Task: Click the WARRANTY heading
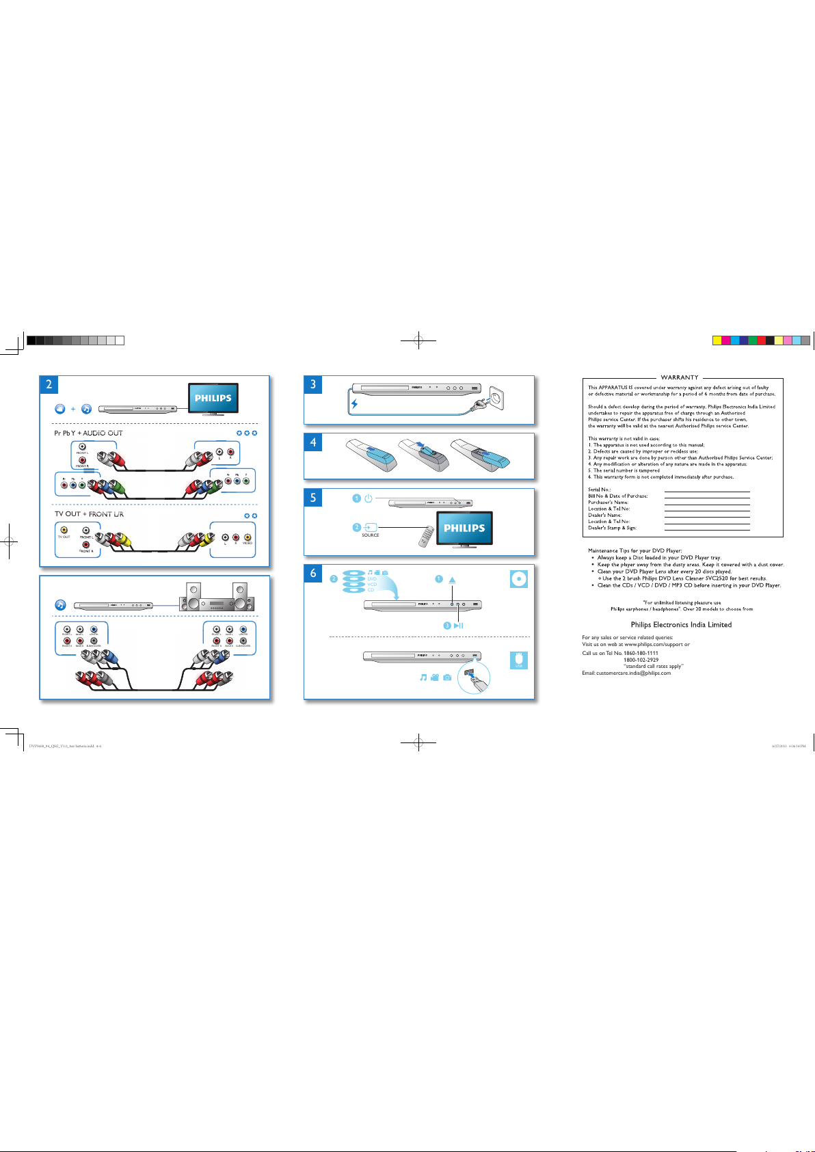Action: coord(680,377)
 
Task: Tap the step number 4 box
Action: coord(313,442)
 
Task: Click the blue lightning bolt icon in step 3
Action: coord(354,404)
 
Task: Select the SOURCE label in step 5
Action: coord(371,535)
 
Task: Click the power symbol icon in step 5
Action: coord(369,498)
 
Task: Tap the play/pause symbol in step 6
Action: coord(458,626)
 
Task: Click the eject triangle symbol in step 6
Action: coord(452,580)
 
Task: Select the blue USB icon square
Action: coord(519,660)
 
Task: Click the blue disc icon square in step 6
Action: coord(519,579)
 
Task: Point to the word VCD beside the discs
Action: coord(372,585)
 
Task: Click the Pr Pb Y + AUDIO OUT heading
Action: coord(89,433)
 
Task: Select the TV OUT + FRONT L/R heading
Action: coord(90,514)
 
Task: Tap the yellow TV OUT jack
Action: coord(64,530)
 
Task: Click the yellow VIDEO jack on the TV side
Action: coord(247,537)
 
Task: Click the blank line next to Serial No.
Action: coord(707,491)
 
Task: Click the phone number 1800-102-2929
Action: coord(641,660)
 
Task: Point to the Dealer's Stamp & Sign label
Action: coord(612,528)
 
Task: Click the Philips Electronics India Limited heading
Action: coord(681,625)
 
